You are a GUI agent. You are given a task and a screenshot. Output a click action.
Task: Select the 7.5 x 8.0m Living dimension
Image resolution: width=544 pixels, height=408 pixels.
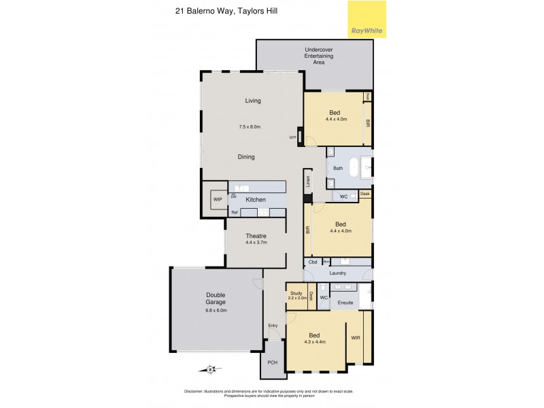click(250, 127)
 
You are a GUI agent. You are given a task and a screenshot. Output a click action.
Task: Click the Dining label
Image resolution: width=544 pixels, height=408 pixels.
click(246, 157)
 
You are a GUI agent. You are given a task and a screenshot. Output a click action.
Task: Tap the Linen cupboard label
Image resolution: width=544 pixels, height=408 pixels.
click(308, 182)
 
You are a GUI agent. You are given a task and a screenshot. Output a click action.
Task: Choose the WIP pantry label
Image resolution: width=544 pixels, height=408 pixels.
click(218, 200)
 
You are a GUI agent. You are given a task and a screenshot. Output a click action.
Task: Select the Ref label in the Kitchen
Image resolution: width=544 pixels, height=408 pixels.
click(234, 213)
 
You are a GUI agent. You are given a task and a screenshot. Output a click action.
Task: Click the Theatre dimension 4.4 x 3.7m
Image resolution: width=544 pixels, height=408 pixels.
click(256, 243)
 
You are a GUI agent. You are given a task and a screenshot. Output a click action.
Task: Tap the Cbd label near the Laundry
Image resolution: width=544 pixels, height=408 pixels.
click(313, 262)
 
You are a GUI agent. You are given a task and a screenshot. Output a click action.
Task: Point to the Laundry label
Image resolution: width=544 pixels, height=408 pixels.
click(337, 273)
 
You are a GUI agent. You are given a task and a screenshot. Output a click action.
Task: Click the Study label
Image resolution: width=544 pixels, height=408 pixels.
click(296, 293)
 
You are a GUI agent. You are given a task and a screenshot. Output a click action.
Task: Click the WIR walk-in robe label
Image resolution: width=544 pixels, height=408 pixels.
click(355, 337)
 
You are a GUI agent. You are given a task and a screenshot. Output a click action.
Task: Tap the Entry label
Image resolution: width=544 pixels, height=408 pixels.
click(273, 326)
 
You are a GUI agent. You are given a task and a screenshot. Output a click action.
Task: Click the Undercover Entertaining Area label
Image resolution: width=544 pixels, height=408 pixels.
click(319, 56)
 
